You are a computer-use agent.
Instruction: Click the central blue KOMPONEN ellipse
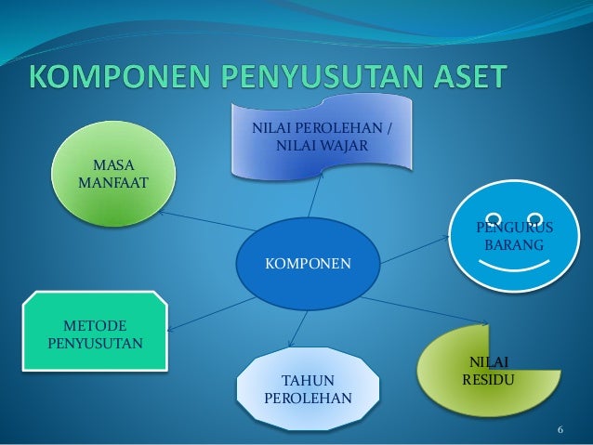[x=308, y=264]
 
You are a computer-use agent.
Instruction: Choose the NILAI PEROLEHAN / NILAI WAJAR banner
[x=322, y=138]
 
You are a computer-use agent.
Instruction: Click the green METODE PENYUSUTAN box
[x=97, y=334]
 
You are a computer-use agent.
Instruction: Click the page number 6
[x=560, y=430]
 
